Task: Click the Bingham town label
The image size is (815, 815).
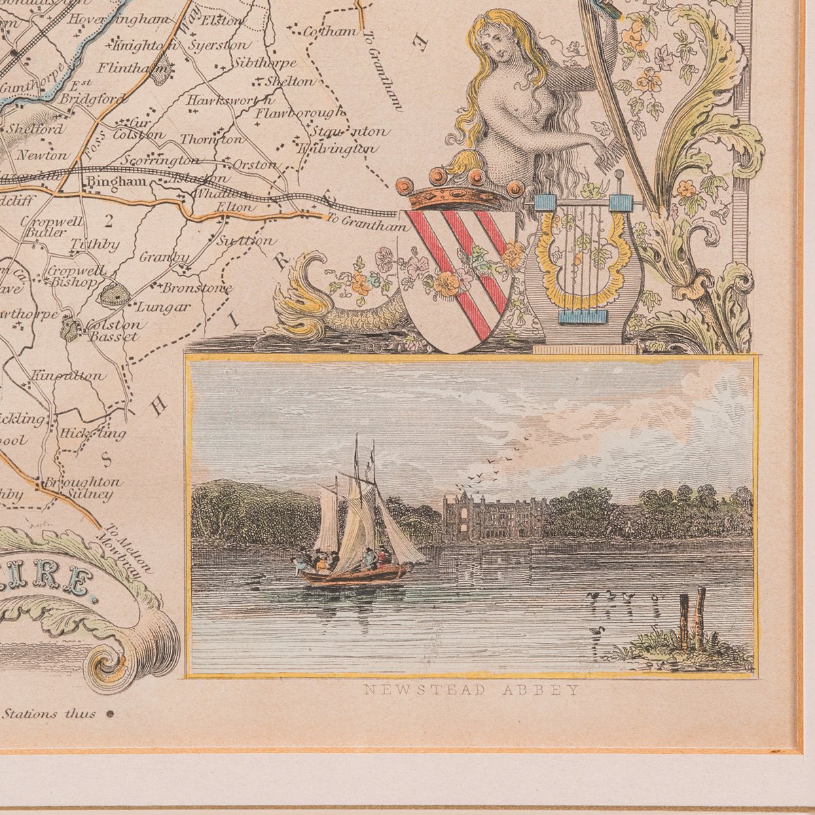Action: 103,183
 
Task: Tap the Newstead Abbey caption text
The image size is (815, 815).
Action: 471,690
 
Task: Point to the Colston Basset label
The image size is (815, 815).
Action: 112,330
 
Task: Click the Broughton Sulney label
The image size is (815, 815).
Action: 83,488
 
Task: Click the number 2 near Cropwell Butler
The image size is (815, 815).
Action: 107,219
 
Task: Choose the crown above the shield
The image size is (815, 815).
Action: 461,189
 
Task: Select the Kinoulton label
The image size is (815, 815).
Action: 69,376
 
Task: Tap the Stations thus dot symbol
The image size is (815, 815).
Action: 109,714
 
